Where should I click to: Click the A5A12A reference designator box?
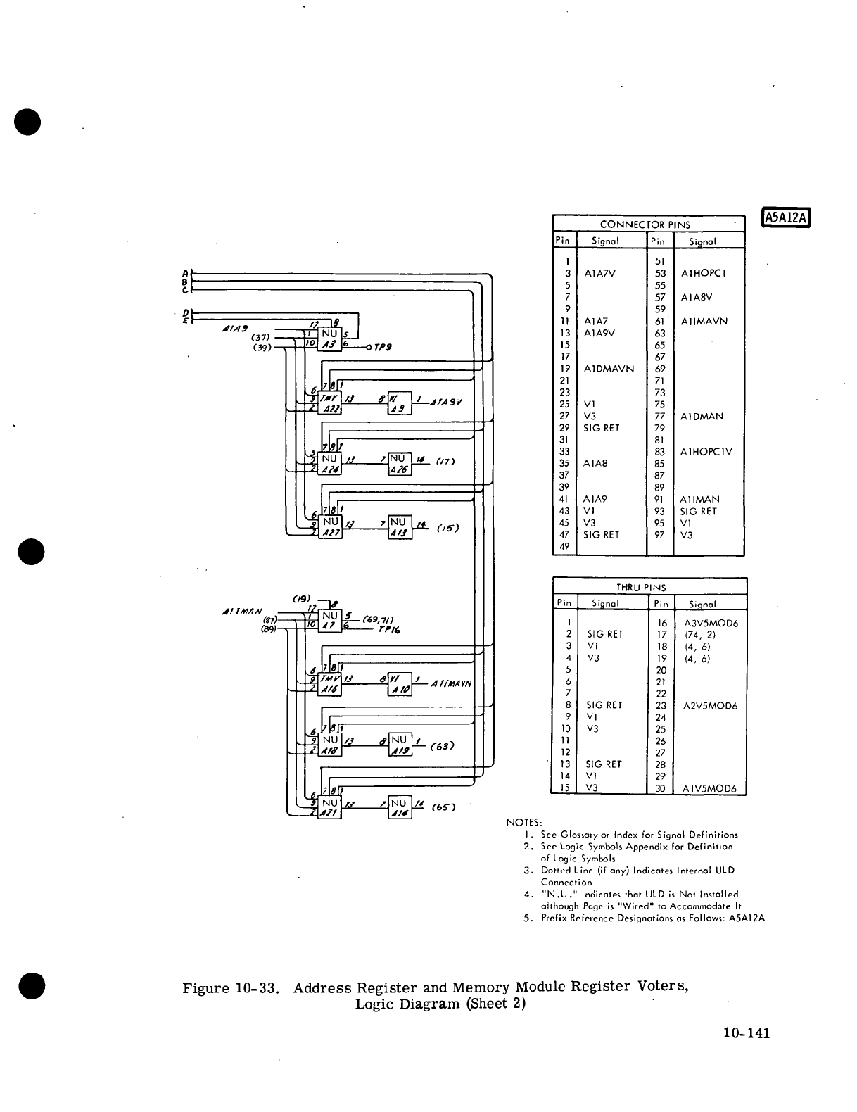786,217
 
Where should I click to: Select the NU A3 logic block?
329,337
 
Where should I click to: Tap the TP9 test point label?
383,348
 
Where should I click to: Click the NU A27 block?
329,526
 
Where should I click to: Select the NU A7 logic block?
329,619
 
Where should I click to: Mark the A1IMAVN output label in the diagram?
452,683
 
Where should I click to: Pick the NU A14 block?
399,808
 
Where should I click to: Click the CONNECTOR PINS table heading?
645,225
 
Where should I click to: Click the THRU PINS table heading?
640,587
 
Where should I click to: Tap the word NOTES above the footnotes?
524,822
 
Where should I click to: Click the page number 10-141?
746,1033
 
